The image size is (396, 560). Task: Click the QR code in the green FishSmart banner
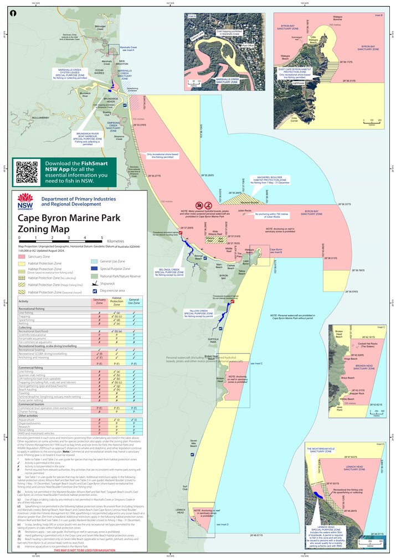(x=27, y=172)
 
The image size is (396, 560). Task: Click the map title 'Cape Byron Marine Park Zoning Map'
(x=69, y=223)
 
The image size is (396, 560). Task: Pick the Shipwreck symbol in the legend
(x=94, y=283)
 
